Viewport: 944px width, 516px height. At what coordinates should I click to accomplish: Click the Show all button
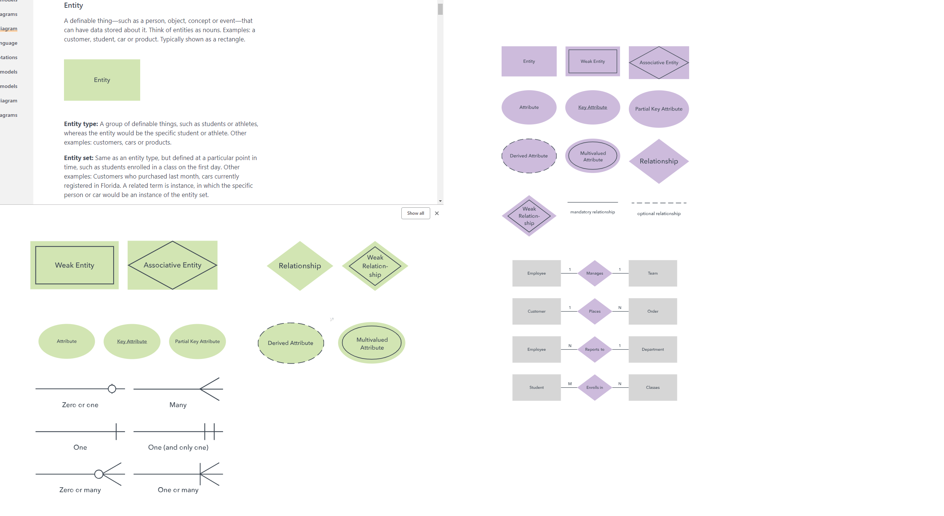tap(415, 213)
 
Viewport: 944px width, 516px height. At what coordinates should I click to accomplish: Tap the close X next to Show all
tap(437, 213)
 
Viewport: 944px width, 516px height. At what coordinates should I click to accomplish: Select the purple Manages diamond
tap(594, 274)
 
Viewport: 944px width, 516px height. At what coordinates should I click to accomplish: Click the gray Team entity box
tap(653, 274)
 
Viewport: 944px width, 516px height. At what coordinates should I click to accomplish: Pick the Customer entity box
tap(536, 312)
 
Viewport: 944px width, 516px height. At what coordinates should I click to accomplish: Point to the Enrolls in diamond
tap(594, 388)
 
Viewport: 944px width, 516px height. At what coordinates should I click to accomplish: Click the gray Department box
tap(653, 350)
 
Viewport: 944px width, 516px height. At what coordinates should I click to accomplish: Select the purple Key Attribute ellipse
tap(593, 108)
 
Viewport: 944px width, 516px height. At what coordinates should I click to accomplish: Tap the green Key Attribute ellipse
tap(132, 342)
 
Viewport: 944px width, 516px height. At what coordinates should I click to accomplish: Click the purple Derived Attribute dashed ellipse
tap(529, 156)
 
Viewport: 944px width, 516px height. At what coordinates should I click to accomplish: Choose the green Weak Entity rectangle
tap(74, 265)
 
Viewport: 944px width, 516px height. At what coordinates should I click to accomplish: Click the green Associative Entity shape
tap(172, 265)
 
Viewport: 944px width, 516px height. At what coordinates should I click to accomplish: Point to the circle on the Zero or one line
tap(112, 389)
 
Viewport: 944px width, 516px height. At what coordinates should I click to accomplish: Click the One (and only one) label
tap(178, 448)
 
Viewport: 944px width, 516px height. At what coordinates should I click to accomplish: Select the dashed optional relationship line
tap(659, 203)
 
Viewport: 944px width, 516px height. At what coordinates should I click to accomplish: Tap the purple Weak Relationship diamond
tap(529, 216)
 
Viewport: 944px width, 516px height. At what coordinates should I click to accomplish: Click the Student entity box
tap(536, 388)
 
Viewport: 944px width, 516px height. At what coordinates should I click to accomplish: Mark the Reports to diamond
tap(594, 350)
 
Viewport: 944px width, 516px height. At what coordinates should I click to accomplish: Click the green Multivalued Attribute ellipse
tap(372, 343)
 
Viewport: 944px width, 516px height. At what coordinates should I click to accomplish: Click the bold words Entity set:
tap(78, 158)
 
